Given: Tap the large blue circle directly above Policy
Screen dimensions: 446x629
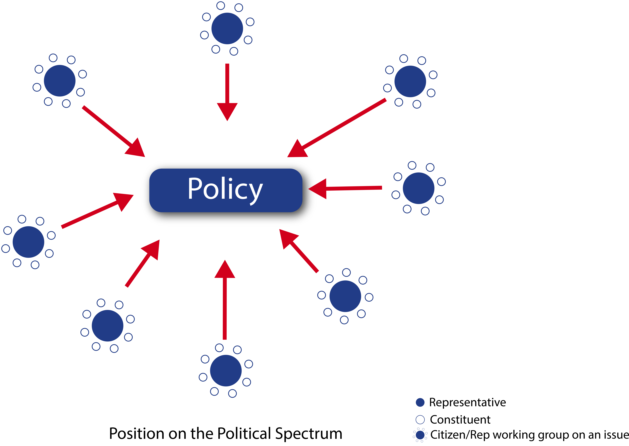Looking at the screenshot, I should tap(227, 28).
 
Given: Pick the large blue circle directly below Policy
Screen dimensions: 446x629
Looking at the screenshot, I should tap(226, 370).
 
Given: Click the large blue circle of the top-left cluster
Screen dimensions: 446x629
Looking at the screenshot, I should tap(60, 81).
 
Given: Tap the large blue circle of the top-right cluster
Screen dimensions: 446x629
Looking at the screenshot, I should tap(410, 81).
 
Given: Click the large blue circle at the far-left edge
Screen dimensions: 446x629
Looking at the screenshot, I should tap(28, 242).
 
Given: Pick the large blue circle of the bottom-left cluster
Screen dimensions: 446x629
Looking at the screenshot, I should tap(107, 326).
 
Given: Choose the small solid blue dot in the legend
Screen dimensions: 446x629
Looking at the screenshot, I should tap(420, 402).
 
